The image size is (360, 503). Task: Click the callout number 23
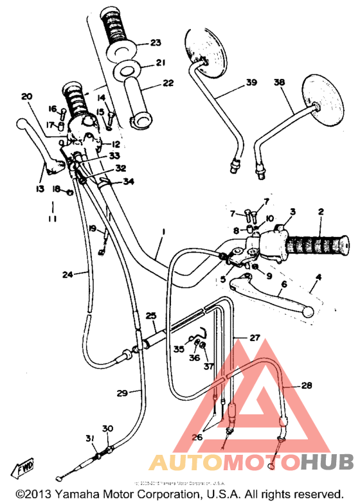pos(156,43)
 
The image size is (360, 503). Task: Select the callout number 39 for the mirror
pos(251,82)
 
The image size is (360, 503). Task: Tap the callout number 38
pos(279,82)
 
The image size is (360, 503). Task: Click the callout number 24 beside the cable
pos(67,274)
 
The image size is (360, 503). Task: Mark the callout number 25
pos(150,315)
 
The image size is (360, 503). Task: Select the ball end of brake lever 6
pos(308,312)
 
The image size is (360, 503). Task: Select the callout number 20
pos(26,96)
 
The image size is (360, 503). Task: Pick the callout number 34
pos(129,182)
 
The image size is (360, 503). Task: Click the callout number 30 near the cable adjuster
pos(107,428)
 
